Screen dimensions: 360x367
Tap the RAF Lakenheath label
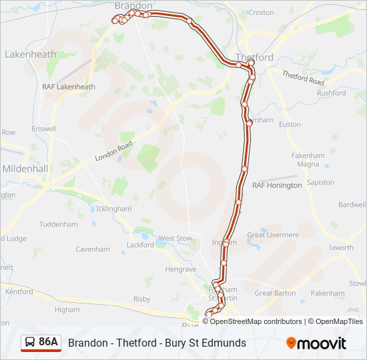tap(68, 87)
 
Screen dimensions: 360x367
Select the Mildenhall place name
tap(25, 169)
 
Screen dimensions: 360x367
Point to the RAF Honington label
tap(277, 185)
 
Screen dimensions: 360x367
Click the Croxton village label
tap(260, 13)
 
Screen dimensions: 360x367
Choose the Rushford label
tap(332, 93)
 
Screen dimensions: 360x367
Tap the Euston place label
tap(290, 125)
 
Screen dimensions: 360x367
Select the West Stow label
tap(175, 238)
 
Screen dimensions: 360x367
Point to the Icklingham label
tap(113, 209)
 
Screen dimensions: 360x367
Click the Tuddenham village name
tap(59, 224)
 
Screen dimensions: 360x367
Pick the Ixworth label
tap(340, 248)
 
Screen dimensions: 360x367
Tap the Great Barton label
tap(275, 293)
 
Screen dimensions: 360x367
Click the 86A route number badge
tap(48, 342)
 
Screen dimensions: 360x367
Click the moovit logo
tap(316, 343)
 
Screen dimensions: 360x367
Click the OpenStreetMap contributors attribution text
tap(256, 321)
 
